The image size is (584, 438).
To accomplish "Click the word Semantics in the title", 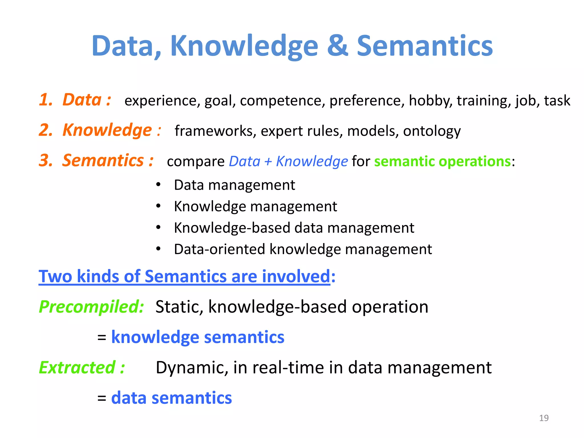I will [425, 46].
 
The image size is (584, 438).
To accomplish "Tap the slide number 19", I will [544, 418].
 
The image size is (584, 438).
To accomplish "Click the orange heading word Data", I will [82, 100].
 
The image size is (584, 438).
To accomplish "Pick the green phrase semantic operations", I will [442, 161].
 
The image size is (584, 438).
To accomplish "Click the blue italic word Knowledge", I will [312, 161].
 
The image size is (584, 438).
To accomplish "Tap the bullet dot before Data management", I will [159, 184].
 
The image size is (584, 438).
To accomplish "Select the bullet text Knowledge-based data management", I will [294, 228].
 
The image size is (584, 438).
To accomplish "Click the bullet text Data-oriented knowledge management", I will [303, 249].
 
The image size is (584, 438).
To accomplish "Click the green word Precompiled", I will [91, 307].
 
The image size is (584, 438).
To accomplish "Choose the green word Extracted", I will [77, 368].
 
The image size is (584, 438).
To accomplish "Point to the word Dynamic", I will [192, 368].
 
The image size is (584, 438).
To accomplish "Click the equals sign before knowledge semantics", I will [102, 338].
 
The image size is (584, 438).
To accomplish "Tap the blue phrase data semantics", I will [171, 398].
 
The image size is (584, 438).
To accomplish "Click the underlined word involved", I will [296, 276].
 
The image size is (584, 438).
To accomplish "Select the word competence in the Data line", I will [282, 101].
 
